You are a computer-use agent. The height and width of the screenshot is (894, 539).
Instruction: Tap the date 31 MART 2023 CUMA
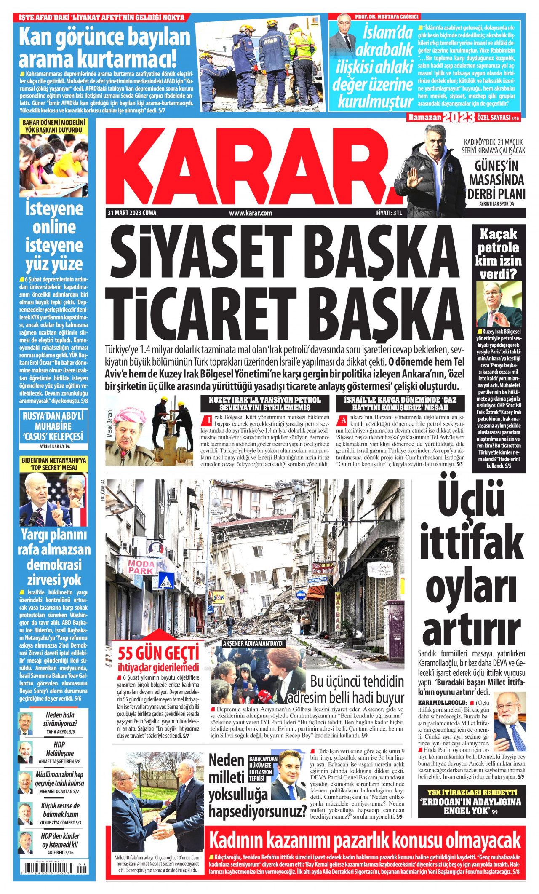132,213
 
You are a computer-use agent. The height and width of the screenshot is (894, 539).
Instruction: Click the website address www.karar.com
251,213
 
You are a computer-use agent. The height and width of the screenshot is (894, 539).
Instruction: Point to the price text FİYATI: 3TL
389,213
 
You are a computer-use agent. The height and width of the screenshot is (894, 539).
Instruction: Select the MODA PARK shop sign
141,567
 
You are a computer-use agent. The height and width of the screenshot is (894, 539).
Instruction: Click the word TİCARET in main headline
202,311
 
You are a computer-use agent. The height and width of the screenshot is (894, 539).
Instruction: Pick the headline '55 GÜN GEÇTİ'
158,653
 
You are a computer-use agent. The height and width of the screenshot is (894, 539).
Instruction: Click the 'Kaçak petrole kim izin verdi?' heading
498,254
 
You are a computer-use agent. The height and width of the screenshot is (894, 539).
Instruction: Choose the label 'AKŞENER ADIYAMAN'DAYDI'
253,643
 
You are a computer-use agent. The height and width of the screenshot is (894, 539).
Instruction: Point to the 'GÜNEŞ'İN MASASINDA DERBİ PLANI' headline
496,180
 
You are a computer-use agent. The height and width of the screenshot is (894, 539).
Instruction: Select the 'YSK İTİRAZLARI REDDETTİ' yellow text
472,792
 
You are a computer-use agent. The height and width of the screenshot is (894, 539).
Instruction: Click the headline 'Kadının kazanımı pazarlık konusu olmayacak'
365,841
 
